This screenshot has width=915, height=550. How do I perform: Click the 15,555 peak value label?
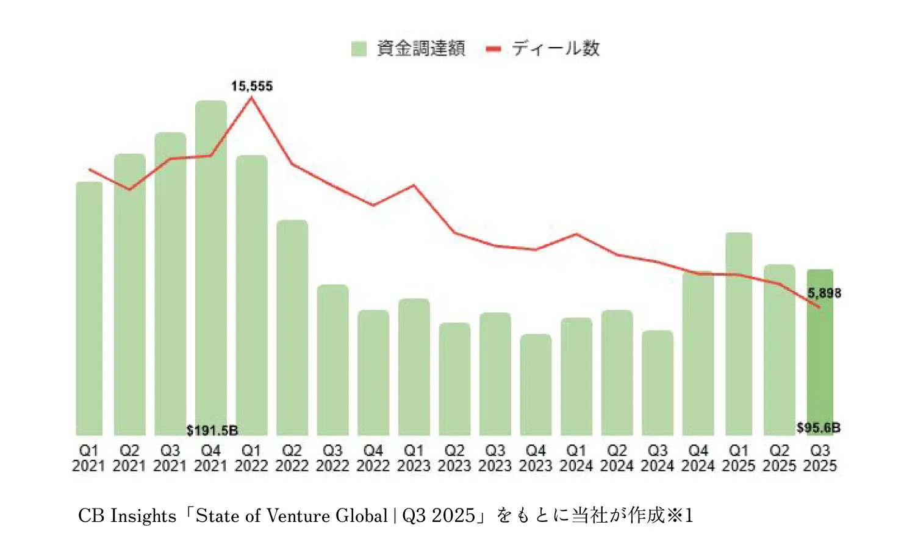[x=251, y=87]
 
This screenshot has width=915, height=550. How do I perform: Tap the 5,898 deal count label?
[x=824, y=293]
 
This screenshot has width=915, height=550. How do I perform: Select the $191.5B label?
[x=212, y=430]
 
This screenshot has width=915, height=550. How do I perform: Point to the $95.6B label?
[x=818, y=427]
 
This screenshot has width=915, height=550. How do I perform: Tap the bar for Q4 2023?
[x=536, y=384]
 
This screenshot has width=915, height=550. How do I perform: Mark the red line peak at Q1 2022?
[x=251, y=98]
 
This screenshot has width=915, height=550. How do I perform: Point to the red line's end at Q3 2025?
[x=819, y=307]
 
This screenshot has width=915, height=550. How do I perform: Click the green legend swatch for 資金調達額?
[x=359, y=49]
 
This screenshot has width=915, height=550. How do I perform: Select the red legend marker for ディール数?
[x=493, y=49]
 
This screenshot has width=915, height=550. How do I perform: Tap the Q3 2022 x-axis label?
[x=332, y=458]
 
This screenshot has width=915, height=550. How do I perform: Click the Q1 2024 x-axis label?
[x=576, y=458]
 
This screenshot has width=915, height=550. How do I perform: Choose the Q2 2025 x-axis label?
[x=779, y=458]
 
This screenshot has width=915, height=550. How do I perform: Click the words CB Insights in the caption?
[x=127, y=516]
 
